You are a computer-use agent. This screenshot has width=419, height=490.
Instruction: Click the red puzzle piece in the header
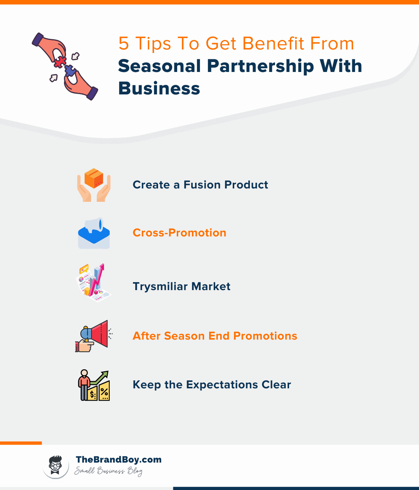click(x=59, y=62)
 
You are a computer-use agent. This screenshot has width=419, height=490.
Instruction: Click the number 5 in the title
click(x=124, y=43)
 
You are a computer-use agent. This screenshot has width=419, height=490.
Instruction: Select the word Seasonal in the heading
click(x=159, y=66)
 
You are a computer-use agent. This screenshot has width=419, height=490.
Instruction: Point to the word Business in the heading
click(x=159, y=88)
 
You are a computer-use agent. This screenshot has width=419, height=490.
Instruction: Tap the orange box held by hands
click(x=94, y=179)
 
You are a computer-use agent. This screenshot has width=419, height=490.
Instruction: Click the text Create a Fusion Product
click(x=200, y=185)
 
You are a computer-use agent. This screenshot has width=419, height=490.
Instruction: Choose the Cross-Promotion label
click(x=179, y=233)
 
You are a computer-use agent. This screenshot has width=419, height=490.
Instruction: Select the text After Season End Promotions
click(x=215, y=336)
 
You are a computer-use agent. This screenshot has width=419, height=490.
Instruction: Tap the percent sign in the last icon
click(x=104, y=392)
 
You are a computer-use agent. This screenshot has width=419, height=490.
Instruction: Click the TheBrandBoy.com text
click(x=118, y=460)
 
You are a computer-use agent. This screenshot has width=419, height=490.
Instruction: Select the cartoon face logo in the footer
click(x=56, y=465)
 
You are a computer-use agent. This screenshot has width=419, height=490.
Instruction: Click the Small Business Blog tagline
click(x=108, y=471)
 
